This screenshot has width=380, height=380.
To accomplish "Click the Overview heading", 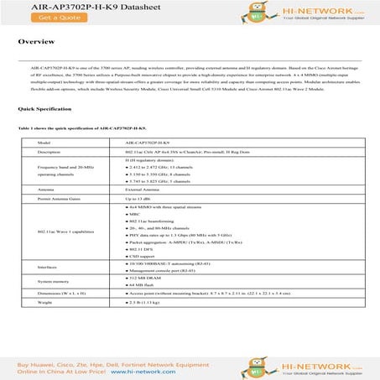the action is pos(37,41).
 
